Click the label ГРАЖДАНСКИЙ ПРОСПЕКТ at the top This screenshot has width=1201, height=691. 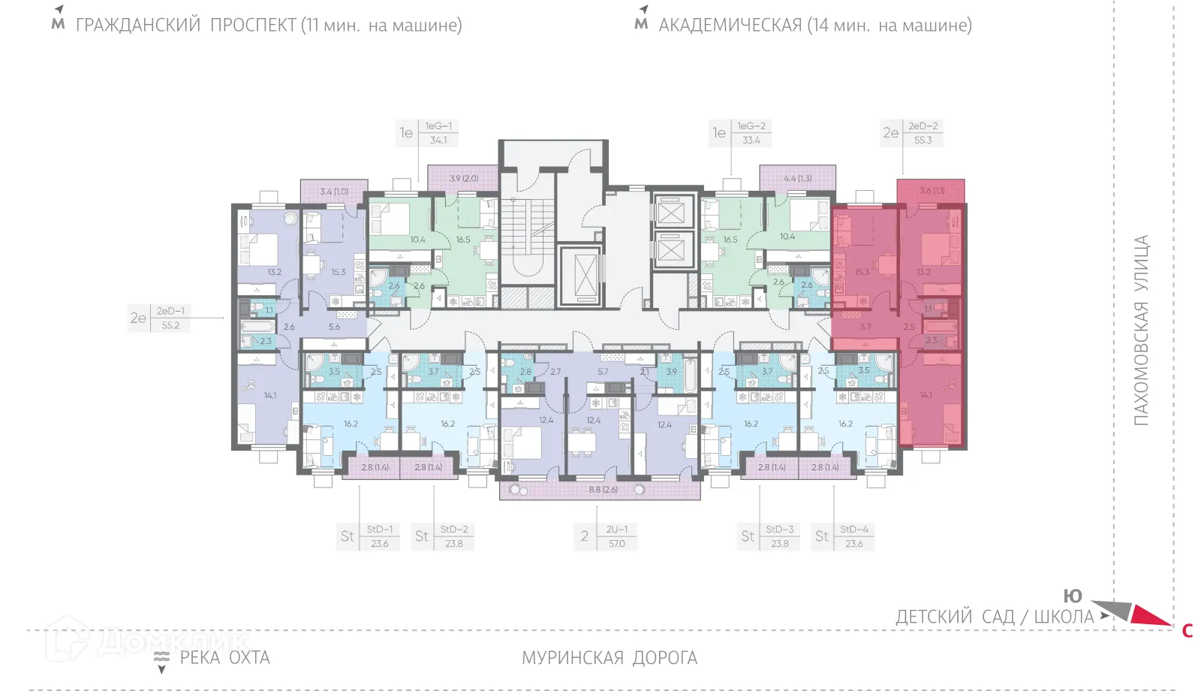click(x=186, y=26)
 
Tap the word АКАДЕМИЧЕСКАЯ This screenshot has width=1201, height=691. click(x=730, y=26)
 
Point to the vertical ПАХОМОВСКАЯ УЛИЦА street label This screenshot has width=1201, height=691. click(x=1141, y=330)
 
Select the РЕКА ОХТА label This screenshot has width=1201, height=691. click(x=224, y=658)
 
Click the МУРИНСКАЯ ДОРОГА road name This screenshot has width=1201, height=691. click(x=610, y=658)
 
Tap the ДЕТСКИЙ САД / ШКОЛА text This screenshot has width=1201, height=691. click(x=995, y=617)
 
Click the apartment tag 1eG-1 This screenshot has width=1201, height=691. click(x=438, y=126)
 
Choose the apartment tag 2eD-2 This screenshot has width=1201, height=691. click(x=923, y=126)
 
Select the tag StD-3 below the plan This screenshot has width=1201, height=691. click(x=780, y=530)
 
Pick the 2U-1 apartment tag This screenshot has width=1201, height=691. click(x=617, y=530)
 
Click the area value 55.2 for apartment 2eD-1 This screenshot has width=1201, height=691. click(x=170, y=325)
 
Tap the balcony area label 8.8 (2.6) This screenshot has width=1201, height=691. click(x=604, y=490)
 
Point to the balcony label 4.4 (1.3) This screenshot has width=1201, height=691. click(x=798, y=179)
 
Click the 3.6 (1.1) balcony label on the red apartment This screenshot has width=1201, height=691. click(x=932, y=191)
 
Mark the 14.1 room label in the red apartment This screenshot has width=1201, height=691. click(x=926, y=395)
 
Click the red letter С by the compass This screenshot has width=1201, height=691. click(x=1187, y=631)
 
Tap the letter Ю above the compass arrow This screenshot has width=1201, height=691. click(x=1073, y=596)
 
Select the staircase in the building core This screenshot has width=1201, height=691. click(x=527, y=233)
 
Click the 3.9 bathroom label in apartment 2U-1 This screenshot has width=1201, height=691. click(x=671, y=371)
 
